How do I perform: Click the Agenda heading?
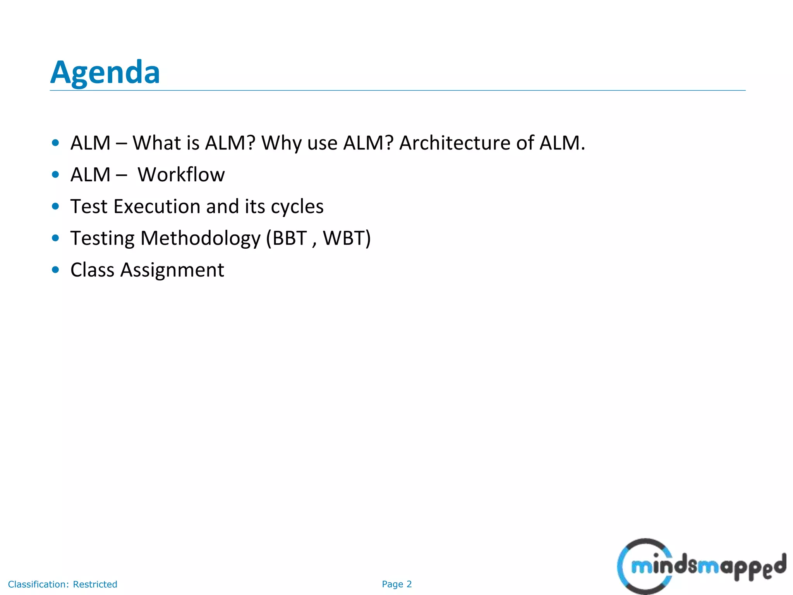pos(105,72)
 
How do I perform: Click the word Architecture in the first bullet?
pos(455,143)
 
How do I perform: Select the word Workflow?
pos(181,175)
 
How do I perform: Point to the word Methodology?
pos(201,238)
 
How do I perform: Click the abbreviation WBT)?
pos(347,238)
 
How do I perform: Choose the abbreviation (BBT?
pos(287,238)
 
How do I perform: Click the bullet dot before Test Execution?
pos(55,206)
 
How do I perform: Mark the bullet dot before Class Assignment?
pos(55,270)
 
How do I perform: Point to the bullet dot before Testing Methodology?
pos(55,238)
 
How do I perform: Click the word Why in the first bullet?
pos(281,143)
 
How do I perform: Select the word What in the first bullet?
pos(156,143)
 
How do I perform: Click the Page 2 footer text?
pos(396,584)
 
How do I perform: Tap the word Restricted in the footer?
pos(95,584)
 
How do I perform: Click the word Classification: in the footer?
pos(38,584)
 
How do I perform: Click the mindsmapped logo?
pos(701,566)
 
